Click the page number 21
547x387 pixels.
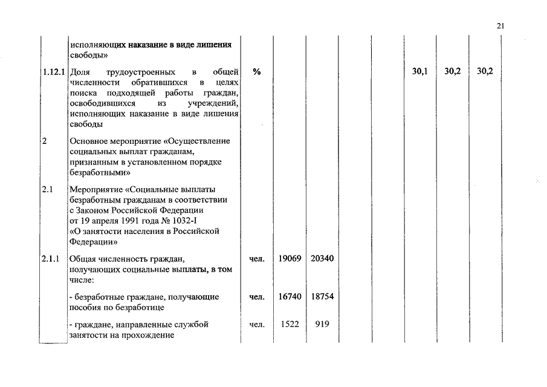500,26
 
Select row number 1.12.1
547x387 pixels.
54,71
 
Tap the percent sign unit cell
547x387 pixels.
257,71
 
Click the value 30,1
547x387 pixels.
420,71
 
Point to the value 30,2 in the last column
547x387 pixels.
485,71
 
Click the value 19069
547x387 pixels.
290,259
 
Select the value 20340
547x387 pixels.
322,259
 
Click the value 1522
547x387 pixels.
290,325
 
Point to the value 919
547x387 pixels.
322,325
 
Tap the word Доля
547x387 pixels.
80,71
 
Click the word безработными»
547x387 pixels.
97,172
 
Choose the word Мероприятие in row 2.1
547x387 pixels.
97,190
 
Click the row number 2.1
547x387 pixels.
48,190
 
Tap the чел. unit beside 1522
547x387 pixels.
257,325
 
